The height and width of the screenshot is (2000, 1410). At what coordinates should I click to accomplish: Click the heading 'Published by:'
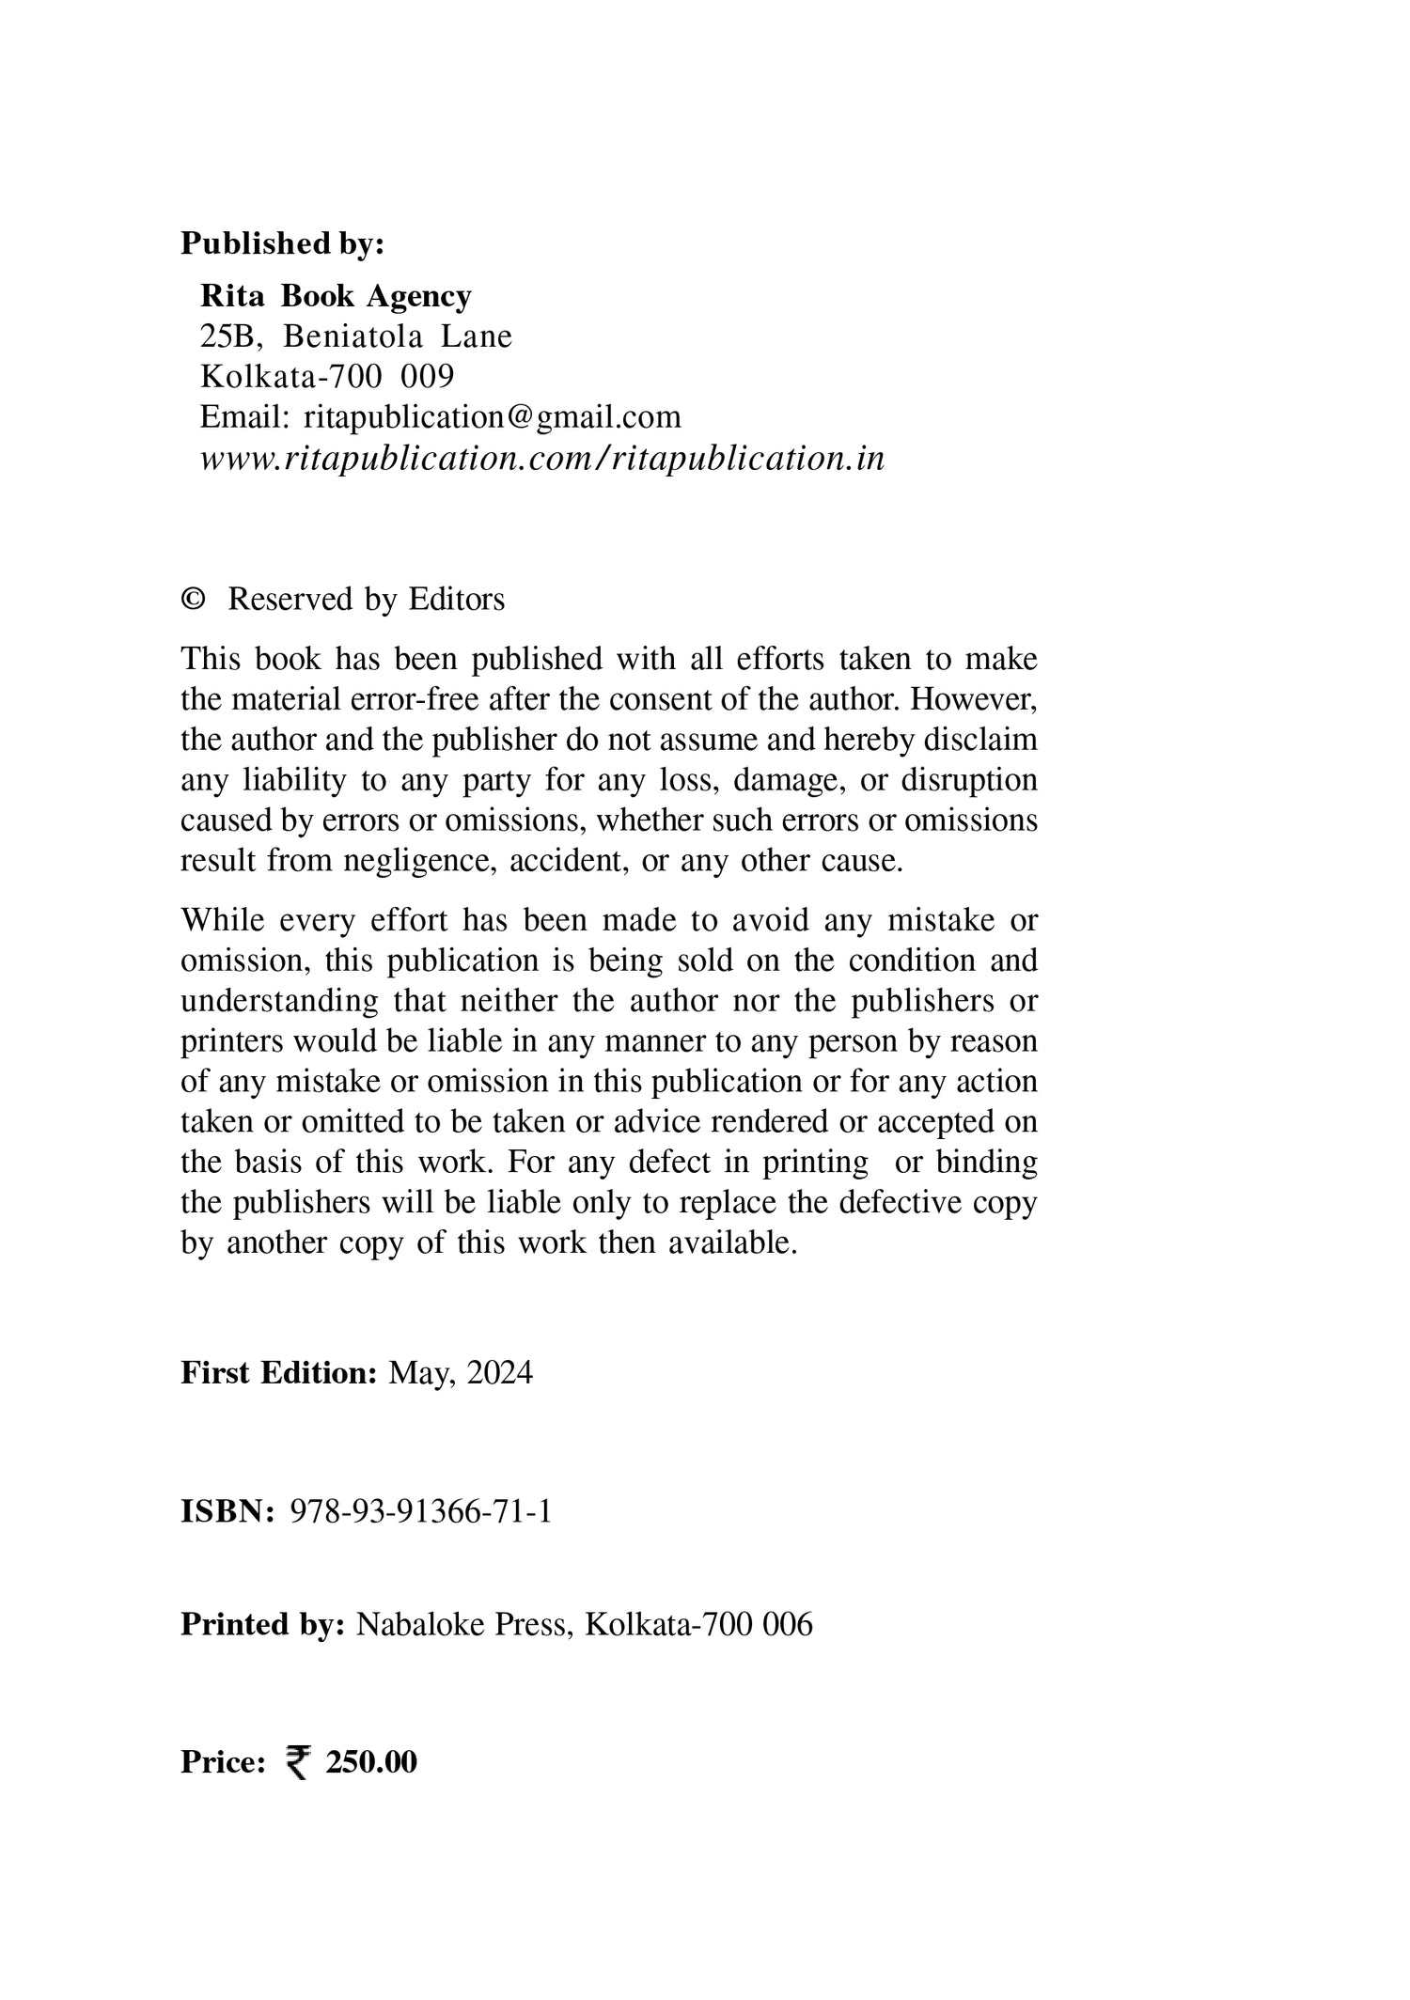282,243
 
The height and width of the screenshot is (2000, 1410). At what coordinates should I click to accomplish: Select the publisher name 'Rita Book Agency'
336,296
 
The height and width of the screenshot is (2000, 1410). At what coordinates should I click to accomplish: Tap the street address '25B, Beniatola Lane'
355,336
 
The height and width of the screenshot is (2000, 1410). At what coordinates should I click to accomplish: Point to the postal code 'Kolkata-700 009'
327,377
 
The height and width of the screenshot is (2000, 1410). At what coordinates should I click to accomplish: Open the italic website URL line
542,459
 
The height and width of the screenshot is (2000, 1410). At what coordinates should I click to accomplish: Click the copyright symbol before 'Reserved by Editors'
193,600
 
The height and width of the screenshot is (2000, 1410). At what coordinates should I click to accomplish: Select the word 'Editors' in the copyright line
457,600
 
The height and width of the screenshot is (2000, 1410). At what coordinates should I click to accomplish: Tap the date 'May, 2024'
461,1374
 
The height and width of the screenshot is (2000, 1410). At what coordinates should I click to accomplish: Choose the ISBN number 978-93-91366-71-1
421,1511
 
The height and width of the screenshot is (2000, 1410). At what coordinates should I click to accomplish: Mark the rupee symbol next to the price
297,1762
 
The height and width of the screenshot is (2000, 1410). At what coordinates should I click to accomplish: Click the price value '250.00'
371,1762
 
